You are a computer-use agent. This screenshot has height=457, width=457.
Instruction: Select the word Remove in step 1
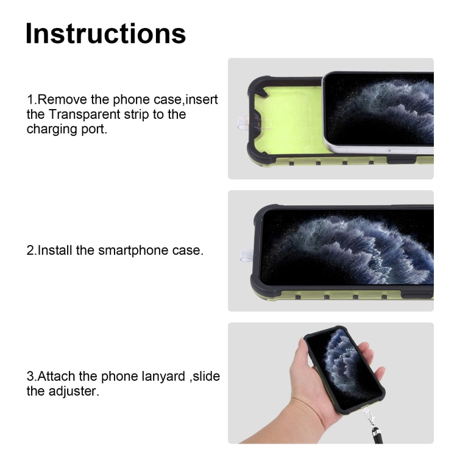pyautogui.click(x=66, y=99)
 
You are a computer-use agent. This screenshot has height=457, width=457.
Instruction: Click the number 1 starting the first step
pyautogui.click(x=29, y=99)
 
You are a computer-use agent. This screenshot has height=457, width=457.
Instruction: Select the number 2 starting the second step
pyautogui.click(x=30, y=250)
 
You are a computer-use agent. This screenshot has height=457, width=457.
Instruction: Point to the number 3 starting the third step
pyautogui.click(x=30, y=376)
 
